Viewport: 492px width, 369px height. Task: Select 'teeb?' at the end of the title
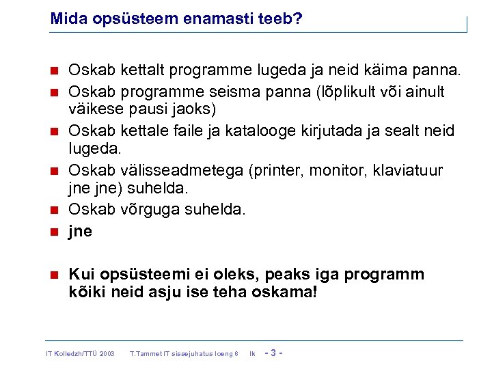pyautogui.click(x=280, y=20)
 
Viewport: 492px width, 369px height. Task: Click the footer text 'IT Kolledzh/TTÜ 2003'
pyautogui.click(x=79, y=353)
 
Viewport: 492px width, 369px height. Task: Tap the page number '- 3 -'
pyautogui.click(x=273, y=353)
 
